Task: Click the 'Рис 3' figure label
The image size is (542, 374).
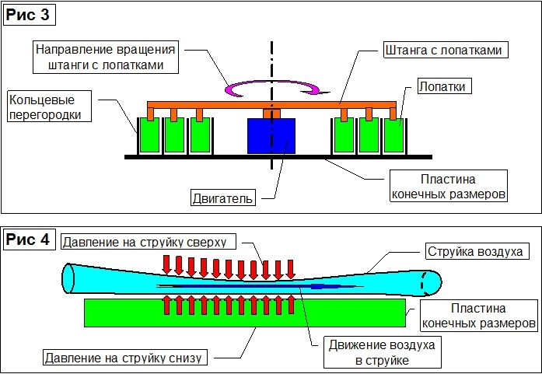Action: coord(29,16)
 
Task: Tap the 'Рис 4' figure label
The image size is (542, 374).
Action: coord(29,239)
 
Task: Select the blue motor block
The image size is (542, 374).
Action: coord(271,136)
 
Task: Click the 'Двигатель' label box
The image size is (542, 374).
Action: coord(223,198)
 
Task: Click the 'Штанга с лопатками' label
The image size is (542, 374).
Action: coord(446,50)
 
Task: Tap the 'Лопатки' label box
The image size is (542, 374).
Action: coord(445,86)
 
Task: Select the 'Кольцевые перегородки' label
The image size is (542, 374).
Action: coord(49,107)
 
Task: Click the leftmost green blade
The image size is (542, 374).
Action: coord(149,135)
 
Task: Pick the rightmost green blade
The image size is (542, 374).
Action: coord(394,135)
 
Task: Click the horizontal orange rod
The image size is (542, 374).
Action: coord(271,105)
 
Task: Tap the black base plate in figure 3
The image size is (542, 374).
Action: coord(278,157)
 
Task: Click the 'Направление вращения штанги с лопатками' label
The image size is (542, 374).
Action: coord(106,57)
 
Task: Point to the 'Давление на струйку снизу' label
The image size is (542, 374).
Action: coord(126,357)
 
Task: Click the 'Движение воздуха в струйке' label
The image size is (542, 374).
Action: coord(383,353)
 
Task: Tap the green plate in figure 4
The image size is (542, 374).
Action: coord(245,313)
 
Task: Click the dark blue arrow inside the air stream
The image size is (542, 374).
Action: coord(260,286)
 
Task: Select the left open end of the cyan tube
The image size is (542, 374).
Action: coord(68,278)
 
